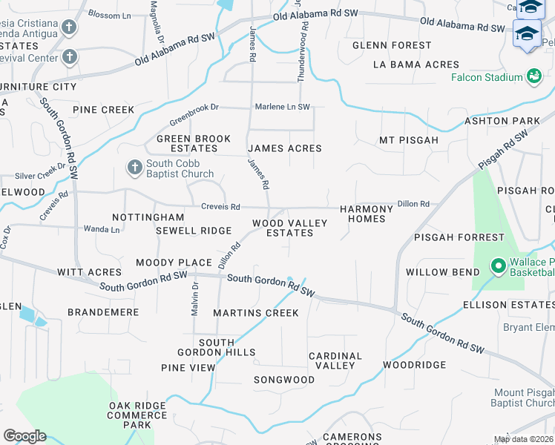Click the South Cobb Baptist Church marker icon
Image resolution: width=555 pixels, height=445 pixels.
[x=134, y=168]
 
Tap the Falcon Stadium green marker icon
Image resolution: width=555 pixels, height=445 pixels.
[x=533, y=76]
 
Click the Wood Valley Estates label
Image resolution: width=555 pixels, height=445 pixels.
[x=283, y=228]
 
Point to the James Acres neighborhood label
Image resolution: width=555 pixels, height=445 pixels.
[x=285, y=148]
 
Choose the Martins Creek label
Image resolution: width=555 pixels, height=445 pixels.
[x=256, y=313]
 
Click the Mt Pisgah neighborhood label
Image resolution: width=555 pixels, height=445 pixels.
[x=408, y=139]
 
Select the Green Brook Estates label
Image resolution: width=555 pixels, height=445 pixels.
[x=194, y=143]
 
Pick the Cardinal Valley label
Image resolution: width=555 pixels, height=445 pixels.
[x=335, y=360]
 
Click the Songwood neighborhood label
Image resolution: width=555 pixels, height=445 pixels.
[x=284, y=380]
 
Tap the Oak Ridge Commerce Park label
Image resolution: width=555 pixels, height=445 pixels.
[x=137, y=415]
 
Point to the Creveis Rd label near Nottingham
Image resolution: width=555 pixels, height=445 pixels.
[x=220, y=206]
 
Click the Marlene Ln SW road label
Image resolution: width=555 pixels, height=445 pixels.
[x=283, y=107]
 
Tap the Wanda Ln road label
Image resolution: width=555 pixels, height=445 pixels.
[x=102, y=229]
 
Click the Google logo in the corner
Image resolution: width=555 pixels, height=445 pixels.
[x=24, y=435]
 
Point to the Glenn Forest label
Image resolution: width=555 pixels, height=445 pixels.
[x=392, y=45]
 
